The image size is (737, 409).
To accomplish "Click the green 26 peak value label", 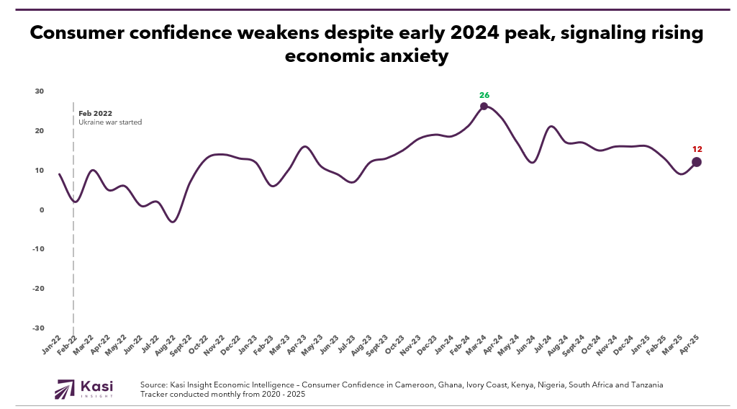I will coord(484,94).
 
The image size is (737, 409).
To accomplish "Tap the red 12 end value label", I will coord(697,150).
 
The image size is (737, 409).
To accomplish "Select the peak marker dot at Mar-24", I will coord(484,106).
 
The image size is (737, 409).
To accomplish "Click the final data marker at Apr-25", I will coord(697,162).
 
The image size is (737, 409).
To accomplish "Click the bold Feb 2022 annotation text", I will coord(95,113).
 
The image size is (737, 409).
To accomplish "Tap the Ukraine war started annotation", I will coord(110,122).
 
